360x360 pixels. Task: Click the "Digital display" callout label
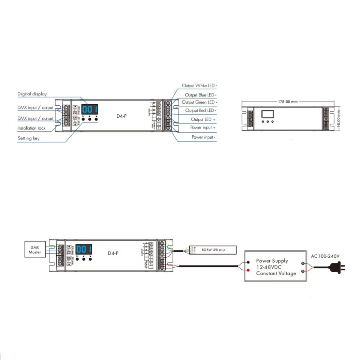[x=32, y=94]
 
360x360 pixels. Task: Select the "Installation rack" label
[x=31, y=128]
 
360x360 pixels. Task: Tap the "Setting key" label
[x=28, y=138]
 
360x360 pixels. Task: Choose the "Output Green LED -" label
[x=199, y=102]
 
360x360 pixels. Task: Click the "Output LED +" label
[x=203, y=120]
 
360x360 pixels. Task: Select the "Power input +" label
[x=202, y=128]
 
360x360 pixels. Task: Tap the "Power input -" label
[x=203, y=137]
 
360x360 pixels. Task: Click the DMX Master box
[x=35, y=250]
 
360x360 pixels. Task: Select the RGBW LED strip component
[x=213, y=249]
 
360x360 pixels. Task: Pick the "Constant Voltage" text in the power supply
[x=276, y=273]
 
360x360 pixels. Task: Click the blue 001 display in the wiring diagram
[x=84, y=249]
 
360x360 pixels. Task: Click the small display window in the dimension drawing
[x=268, y=114]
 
